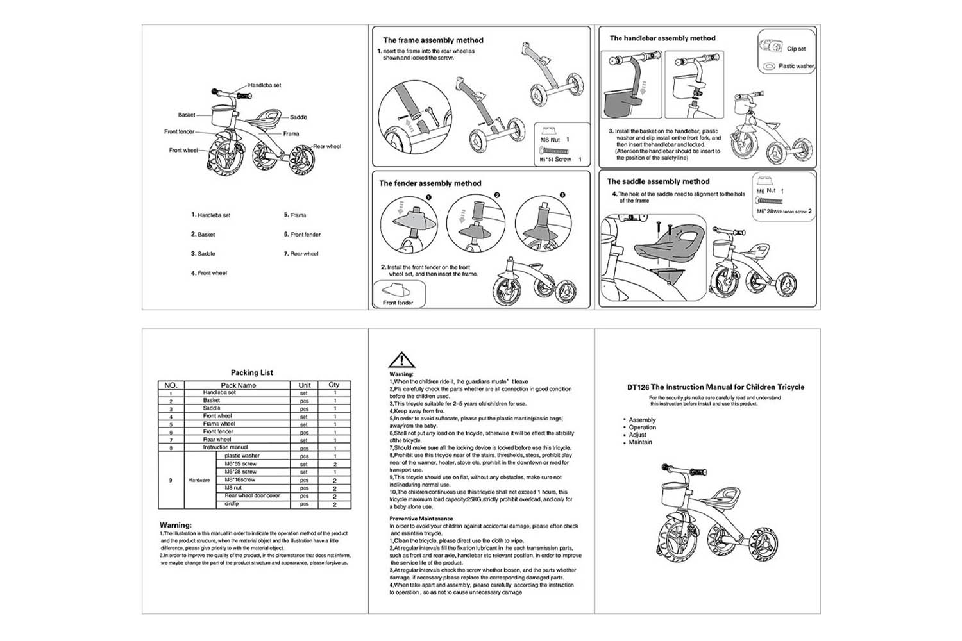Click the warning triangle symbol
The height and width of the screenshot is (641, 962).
[401, 360]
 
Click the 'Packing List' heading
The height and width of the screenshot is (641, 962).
[252, 372]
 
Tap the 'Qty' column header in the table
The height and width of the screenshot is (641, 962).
[334, 385]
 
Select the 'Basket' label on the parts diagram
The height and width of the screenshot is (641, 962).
[187, 115]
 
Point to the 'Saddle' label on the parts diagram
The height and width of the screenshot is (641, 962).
[298, 117]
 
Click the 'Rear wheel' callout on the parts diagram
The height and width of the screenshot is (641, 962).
[327, 146]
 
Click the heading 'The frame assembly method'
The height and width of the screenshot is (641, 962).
[433, 40]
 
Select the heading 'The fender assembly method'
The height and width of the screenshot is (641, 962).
[430, 183]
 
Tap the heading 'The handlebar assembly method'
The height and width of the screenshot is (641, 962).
[662, 38]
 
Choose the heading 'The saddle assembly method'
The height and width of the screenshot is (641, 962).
[658, 181]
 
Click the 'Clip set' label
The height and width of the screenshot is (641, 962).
[796, 49]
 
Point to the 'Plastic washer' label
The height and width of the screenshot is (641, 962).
[795, 66]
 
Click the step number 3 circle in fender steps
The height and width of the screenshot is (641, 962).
[562, 195]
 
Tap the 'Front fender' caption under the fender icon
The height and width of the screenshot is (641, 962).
[398, 303]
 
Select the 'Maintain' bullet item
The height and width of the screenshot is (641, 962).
[640, 442]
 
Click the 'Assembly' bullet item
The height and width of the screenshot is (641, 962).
[642, 420]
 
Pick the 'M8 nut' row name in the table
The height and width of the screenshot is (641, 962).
[233, 488]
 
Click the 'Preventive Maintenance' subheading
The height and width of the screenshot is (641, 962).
[421, 519]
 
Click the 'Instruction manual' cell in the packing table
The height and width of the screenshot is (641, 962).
[225, 447]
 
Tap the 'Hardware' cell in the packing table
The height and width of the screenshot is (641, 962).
[199, 480]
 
